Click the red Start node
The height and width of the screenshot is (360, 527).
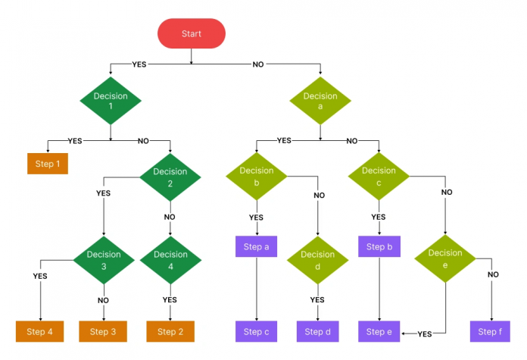coord(191,34)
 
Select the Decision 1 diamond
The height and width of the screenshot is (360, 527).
coord(111,102)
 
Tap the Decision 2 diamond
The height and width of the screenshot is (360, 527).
coord(170,177)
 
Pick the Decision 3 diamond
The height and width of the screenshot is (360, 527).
coord(104,259)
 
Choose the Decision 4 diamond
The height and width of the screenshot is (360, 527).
coord(170,259)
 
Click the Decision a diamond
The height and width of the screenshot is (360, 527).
coord(320,102)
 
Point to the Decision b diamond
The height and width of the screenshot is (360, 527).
coord(256,176)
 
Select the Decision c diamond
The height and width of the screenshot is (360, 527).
coord(379,176)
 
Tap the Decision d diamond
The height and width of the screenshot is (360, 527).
coord(317,259)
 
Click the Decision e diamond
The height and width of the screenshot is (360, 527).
coord(444,258)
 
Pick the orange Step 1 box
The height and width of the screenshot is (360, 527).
coord(47,164)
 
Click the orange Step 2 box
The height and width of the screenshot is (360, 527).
coord(170,331)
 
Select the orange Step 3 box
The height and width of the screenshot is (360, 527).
coord(103,331)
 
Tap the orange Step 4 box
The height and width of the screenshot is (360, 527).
coord(40,331)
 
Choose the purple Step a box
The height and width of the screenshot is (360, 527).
coord(256,247)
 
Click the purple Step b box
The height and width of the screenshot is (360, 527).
coord(379,247)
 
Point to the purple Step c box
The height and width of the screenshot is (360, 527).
coord(256,331)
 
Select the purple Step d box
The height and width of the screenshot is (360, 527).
coord(317,331)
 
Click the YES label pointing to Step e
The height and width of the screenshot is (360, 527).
coord(425,333)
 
